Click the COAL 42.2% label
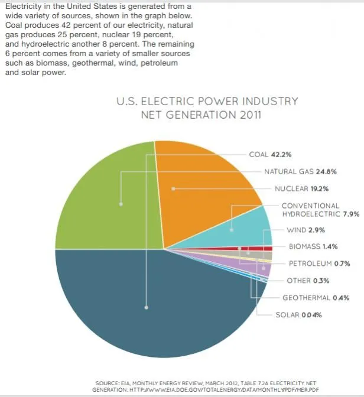pyautogui.click(x=270, y=155)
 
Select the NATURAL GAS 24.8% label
pyautogui.click(x=300, y=172)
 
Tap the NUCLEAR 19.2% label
pyautogui.click(x=301, y=189)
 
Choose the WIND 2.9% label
pyautogui.click(x=305, y=229)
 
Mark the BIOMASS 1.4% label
pyautogui.click(x=313, y=246)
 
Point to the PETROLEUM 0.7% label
pyautogui.click(x=320, y=263)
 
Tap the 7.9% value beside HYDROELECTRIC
pyautogui.click(x=351, y=214)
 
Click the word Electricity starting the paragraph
pyautogui.click(x=22, y=6)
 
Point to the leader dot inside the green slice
pyautogui.click(x=121, y=204)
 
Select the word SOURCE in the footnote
pyautogui.click(x=106, y=383)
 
